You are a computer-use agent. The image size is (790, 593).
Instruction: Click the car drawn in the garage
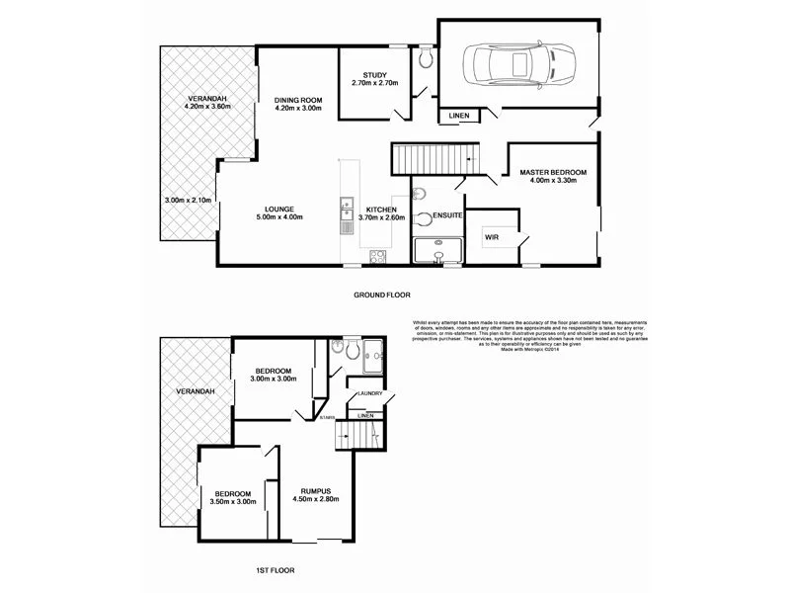click(x=513, y=66)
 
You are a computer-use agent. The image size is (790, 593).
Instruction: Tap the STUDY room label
click(x=374, y=75)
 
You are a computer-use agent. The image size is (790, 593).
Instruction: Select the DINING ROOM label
click(x=299, y=100)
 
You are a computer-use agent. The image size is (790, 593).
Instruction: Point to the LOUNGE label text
click(x=279, y=210)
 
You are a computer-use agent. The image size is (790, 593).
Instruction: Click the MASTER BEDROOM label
click(x=553, y=173)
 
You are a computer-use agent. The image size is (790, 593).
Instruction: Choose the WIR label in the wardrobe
click(x=491, y=237)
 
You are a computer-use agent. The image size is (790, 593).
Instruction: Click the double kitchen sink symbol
click(x=346, y=209)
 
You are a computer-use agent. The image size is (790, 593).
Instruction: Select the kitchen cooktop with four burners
click(x=377, y=257)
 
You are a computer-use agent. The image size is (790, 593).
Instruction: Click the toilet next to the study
click(x=425, y=60)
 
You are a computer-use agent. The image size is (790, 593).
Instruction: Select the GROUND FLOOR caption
click(x=381, y=295)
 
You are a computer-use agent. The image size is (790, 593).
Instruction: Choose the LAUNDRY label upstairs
click(x=370, y=393)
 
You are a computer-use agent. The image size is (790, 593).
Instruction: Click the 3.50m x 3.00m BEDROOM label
click(x=230, y=497)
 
